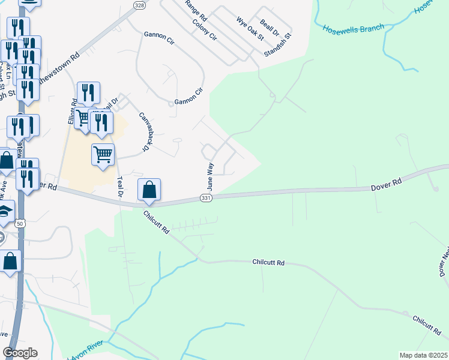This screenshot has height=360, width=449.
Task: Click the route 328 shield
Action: (x=139, y=5)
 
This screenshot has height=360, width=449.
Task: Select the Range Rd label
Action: (x=196, y=8)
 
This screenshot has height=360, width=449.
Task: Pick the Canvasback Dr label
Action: (x=143, y=131)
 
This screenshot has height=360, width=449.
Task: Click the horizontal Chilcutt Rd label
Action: (x=268, y=263)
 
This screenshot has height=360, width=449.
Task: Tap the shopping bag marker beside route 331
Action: (x=149, y=190)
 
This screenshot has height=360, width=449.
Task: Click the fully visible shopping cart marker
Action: (x=103, y=154)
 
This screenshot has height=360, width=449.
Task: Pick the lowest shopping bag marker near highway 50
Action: (x=10, y=262)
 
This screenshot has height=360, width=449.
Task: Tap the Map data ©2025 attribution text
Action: (x=423, y=355)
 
